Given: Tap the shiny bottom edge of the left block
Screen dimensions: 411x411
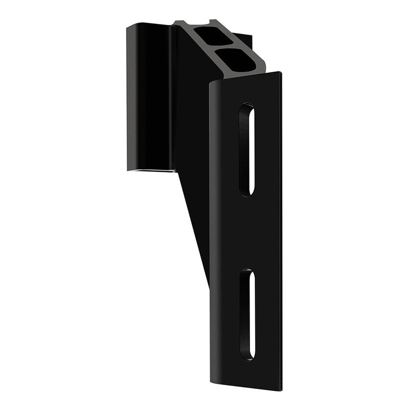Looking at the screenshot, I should pyautogui.click(x=152, y=169).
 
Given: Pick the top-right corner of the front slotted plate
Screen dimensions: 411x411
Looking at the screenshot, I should pyautogui.click(x=280, y=73).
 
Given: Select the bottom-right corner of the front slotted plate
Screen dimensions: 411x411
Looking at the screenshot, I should pyautogui.click(x=280, y=388).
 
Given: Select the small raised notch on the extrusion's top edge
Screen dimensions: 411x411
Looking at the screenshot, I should pyautogui.click(x=213, y=22).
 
